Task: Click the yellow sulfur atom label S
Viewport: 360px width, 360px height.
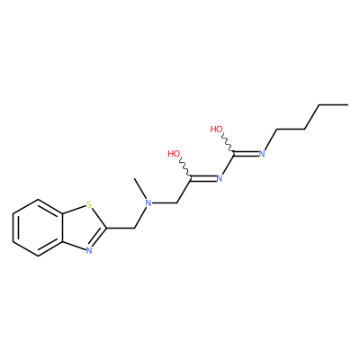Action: (x=88, y=205)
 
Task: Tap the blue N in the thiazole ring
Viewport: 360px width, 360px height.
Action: (x=88, y=250)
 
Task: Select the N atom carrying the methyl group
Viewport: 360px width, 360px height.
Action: (x=148, y=203)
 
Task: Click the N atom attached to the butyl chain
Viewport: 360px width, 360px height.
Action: (x=262, y=154)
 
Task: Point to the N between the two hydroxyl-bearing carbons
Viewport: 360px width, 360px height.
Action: (x=220, y=178)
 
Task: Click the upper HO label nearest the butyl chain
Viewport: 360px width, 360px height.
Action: (x=216, y=130)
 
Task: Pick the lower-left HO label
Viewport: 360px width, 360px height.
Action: (x=174, y=154)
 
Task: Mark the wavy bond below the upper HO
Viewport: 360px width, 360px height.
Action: (x=227, y=144)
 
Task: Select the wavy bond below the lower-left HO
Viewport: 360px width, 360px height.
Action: (x=184, y=168)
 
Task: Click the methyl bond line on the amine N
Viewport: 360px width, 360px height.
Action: (x=140, y=189)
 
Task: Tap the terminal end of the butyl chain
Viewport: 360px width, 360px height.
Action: (x=348, y=104)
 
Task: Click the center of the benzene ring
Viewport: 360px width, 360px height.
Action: (x=38, y=228)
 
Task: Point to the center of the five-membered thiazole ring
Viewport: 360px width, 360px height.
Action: (x=83, y=228)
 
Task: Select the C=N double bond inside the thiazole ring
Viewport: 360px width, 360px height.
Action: (x=98, y=238)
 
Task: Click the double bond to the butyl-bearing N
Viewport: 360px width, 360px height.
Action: (x=247, y=154)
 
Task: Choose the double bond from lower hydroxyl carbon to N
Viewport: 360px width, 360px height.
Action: (x=203, y=179)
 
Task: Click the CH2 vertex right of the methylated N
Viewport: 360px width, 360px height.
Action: (x=177, y=203)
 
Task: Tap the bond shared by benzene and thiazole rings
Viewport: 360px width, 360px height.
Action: (x=63, y=228)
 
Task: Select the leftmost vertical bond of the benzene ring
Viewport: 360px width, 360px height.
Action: (x=13, y=228)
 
